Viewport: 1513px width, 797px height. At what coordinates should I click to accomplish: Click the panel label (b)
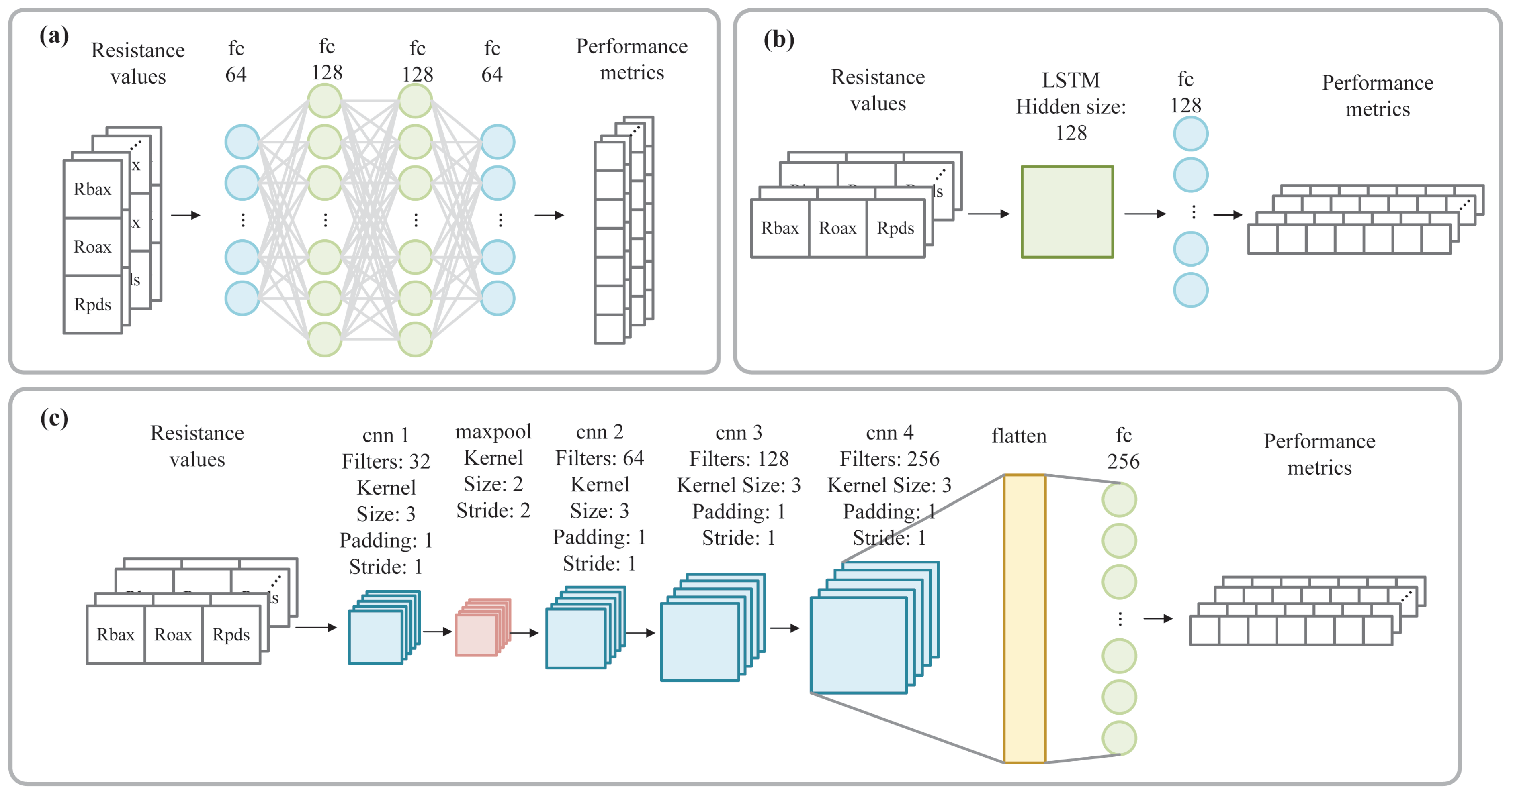778,39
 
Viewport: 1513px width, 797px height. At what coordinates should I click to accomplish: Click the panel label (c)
54,418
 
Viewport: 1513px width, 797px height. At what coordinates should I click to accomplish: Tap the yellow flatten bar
1024,619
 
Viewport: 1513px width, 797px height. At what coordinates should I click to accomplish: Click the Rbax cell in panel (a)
92,189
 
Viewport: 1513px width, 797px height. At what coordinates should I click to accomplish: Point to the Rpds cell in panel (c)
231,634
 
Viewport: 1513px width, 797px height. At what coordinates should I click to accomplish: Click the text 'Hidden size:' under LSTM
1071,107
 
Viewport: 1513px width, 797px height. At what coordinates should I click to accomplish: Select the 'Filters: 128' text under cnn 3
739,459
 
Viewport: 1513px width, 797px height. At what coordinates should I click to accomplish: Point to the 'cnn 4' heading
889,432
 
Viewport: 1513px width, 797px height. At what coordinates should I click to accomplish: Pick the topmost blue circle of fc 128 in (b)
1191,134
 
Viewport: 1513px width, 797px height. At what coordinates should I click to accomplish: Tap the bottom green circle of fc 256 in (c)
1119,738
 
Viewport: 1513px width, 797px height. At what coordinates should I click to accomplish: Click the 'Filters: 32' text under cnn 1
386,461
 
